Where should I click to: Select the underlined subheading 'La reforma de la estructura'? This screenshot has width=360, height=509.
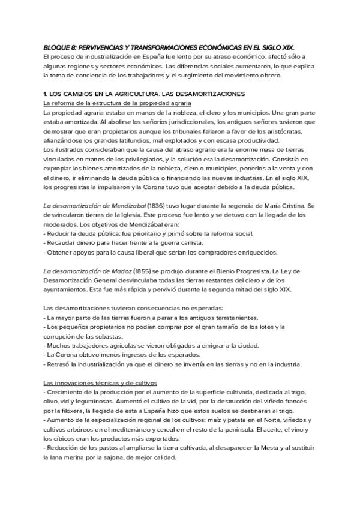click(83, 103)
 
